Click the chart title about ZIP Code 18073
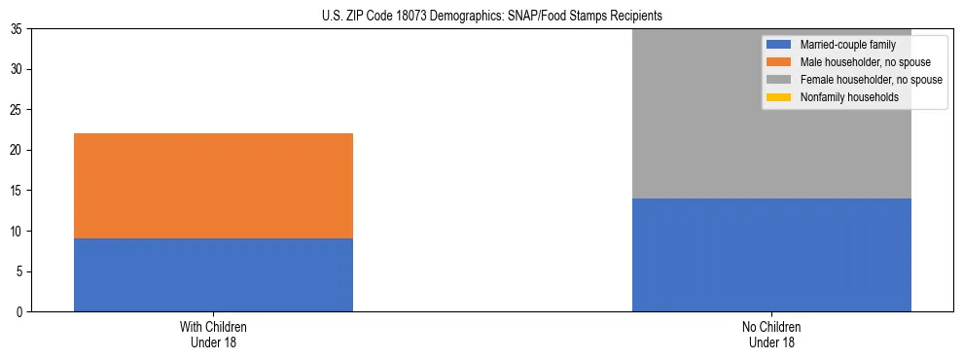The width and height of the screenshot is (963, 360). pos(491,16)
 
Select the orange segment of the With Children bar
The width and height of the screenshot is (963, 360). pos(213,186)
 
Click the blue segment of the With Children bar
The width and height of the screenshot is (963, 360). pos(213,275)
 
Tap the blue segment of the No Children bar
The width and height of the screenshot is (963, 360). pos(771,255)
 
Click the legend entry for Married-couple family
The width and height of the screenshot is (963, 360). pos(840,45)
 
